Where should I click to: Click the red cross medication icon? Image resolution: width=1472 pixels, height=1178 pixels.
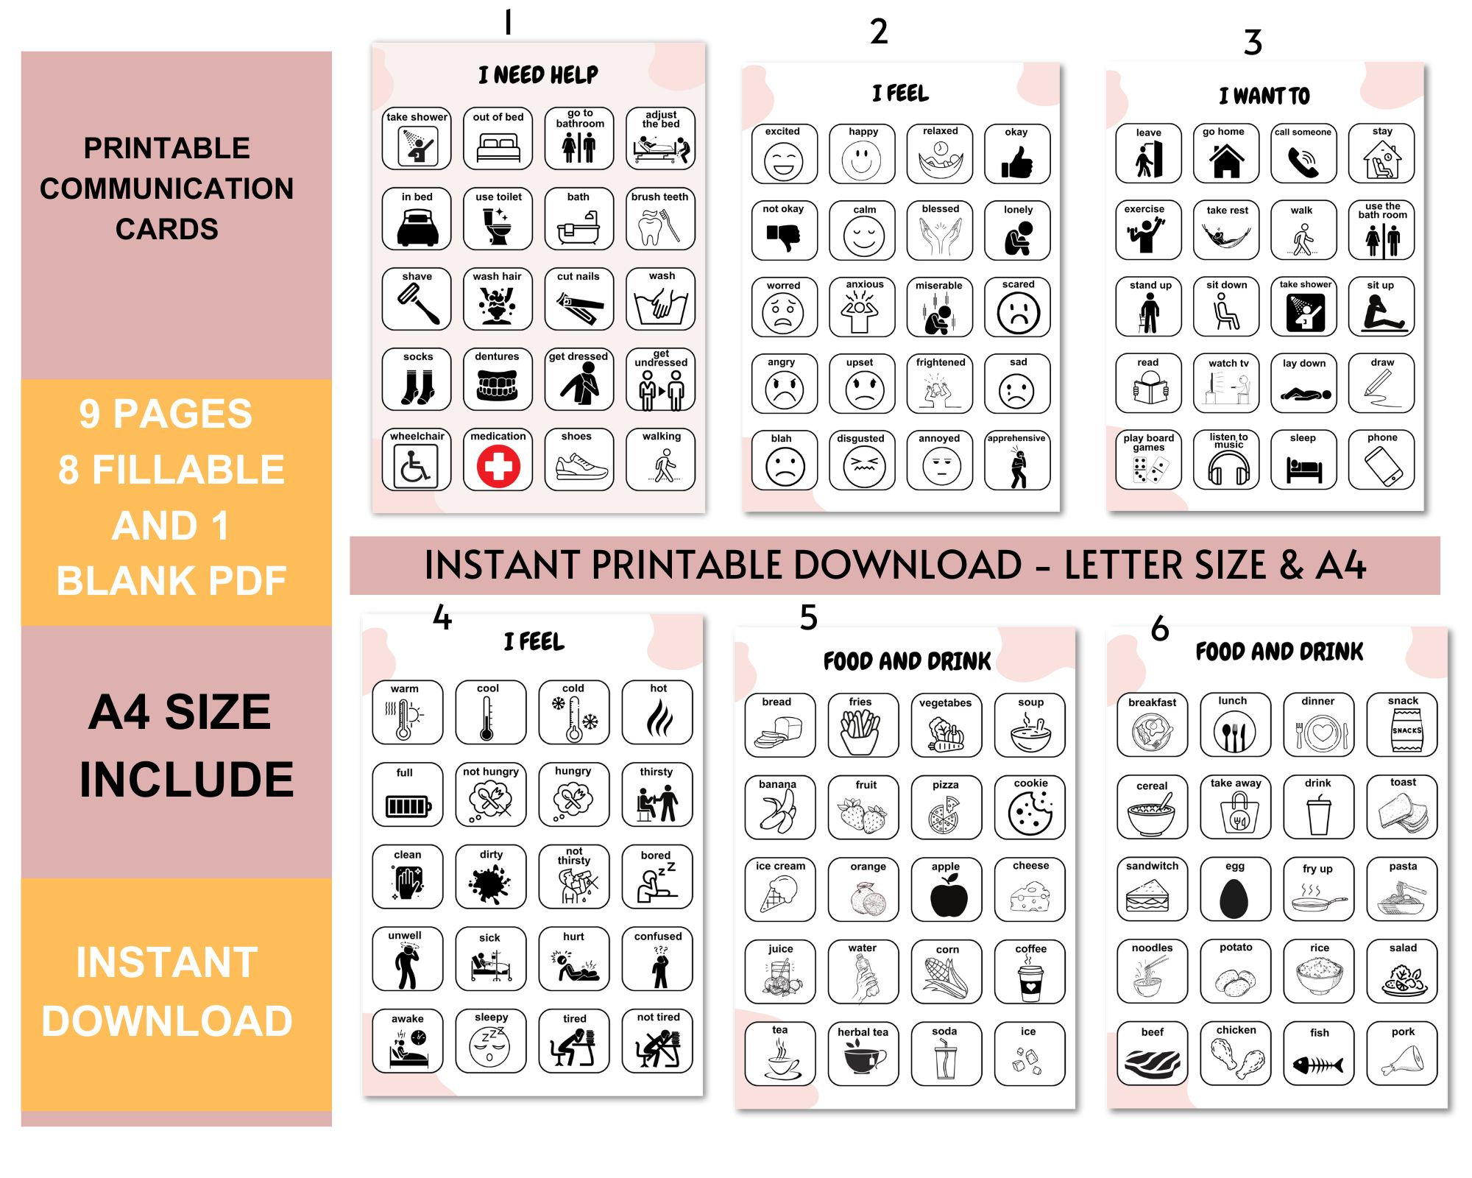(498, 467)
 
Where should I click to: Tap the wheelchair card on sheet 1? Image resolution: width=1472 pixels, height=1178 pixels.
(416, 459)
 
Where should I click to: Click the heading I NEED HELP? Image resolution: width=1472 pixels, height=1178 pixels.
(538, 75)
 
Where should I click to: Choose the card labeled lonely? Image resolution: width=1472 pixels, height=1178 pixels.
(1018, 230)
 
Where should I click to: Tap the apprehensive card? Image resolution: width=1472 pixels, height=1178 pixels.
(1017, 461)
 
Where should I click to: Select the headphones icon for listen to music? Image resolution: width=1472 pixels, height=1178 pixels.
(1228, 468)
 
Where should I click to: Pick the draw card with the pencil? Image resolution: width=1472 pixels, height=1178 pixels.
(1381, 383)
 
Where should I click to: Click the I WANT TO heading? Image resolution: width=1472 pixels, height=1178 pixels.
(1264, 96)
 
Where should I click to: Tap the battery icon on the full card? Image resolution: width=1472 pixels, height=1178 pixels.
(408, 806)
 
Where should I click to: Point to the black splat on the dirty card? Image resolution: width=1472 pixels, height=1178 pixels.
(490, 884)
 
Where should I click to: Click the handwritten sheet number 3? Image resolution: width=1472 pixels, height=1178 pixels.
(1253, 43)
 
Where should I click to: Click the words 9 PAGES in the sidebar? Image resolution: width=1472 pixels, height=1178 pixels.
(166, 414)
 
